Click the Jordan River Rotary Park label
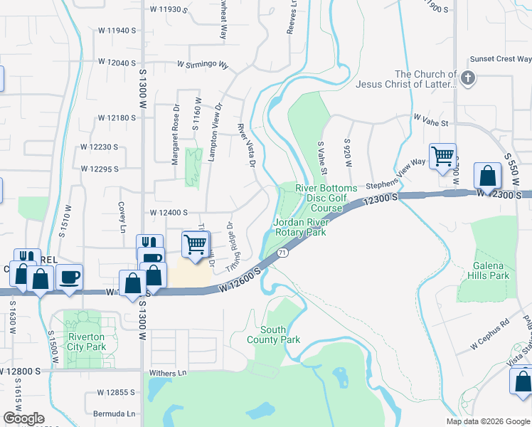click(299, 227)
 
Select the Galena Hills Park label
click(490, 270)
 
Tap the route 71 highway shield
click(282, 253)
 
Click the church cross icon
click(468, 78)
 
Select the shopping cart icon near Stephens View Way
click(442, 156)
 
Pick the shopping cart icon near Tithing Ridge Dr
click(195, 244)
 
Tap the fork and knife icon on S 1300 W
click(149, 246)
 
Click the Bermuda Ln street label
click(114, 413)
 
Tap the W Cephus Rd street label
click(490, 339)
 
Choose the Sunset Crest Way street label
click(501, 59)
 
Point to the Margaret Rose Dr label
click(174, 142)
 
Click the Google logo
click(23, 418)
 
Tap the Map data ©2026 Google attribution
click(487, 421)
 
